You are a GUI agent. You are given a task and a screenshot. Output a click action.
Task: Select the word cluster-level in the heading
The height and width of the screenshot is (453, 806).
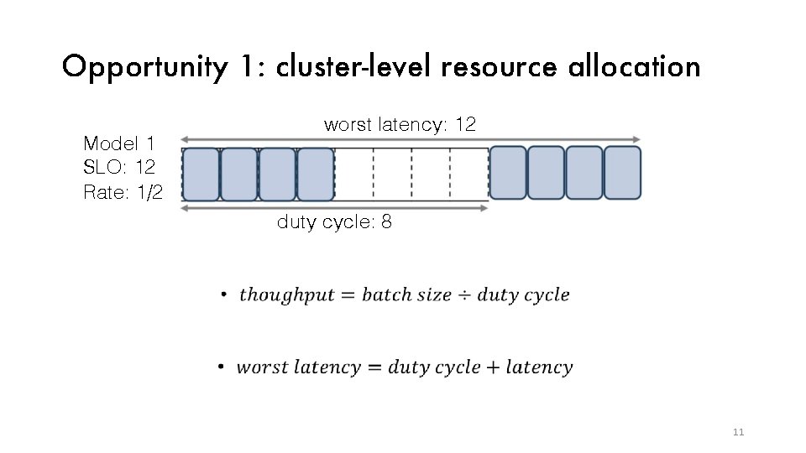[352, 66]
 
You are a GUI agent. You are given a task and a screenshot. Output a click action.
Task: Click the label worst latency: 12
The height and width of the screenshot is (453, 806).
[400, 125]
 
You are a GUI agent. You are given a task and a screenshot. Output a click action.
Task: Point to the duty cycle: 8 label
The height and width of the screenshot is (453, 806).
[334, 223]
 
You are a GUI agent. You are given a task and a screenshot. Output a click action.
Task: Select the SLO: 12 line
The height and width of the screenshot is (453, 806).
[118, 166]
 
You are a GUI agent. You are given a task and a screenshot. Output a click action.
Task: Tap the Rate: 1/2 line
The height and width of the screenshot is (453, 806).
[123, 191]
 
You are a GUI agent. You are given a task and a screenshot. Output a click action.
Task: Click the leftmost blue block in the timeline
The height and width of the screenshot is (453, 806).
[200, 174]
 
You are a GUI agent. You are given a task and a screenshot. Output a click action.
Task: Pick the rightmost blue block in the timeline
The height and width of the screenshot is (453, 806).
[622, 173]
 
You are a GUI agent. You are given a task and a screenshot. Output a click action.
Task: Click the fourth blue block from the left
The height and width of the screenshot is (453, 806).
[316, 174]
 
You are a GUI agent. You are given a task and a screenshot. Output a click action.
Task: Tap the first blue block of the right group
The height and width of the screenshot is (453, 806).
[508, 173]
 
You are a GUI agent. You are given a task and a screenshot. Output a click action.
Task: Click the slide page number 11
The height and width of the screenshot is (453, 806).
[739, 433]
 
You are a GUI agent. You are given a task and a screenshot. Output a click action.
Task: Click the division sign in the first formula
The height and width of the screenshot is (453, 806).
[464, 295]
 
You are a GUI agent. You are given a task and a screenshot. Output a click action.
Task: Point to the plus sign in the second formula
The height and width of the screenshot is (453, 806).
[493, 367]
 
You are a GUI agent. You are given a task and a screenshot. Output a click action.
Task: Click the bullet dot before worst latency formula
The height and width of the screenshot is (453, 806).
[220, 367]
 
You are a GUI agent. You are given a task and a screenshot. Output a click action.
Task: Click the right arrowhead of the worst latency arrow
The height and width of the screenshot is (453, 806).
[637, 139]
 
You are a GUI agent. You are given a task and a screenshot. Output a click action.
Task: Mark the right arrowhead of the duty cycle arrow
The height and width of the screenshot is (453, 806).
[484, 208]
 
